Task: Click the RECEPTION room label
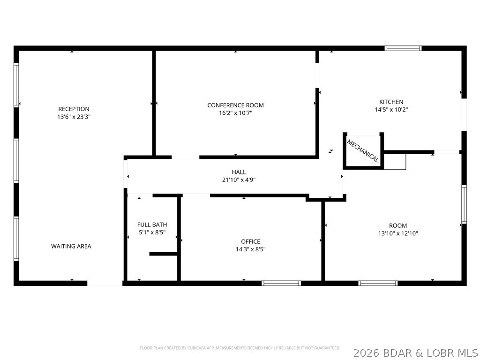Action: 74,109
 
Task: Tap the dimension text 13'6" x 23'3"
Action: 74,117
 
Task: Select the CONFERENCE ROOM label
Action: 235,105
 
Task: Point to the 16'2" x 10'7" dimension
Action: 235,113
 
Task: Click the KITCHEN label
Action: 391,102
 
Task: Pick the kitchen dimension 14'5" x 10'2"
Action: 391,110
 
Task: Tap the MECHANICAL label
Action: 362,151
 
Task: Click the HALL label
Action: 239,172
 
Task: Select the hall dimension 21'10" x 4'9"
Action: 239,180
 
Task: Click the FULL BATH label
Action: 152,225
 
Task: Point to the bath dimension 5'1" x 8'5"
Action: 152,232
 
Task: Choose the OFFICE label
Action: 250,241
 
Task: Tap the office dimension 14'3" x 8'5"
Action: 250,249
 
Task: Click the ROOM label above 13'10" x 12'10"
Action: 398,225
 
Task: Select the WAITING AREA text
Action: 71,246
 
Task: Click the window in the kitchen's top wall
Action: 403,48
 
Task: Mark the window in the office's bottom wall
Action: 281,283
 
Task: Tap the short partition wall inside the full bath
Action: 164,254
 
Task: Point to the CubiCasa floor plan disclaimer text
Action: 240,348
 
